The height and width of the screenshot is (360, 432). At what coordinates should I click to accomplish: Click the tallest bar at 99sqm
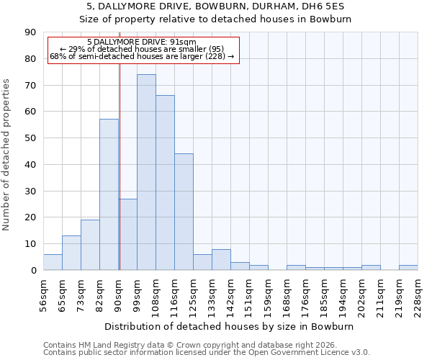click(146, 172)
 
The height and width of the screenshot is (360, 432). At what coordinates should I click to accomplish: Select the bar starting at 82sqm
click(109, 194)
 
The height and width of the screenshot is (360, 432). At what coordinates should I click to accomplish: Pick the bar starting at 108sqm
click(165, 183)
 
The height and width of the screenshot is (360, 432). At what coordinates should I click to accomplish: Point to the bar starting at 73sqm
click(90, 245)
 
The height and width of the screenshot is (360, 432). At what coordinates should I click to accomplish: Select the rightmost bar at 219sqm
click(408, 267)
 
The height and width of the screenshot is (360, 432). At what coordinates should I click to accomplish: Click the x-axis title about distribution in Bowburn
click(230, 326)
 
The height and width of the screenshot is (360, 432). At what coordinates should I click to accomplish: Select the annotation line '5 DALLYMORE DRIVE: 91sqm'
click(141, 42)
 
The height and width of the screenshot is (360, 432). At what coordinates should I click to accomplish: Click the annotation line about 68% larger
click(141, 56)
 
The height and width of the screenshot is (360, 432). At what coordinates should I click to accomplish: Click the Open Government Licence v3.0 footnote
click(207, 352)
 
